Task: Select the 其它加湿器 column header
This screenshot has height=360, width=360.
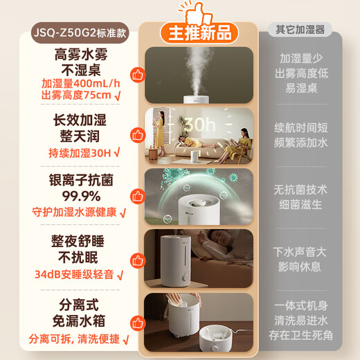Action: pyautogui.click(x=300, y=30)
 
